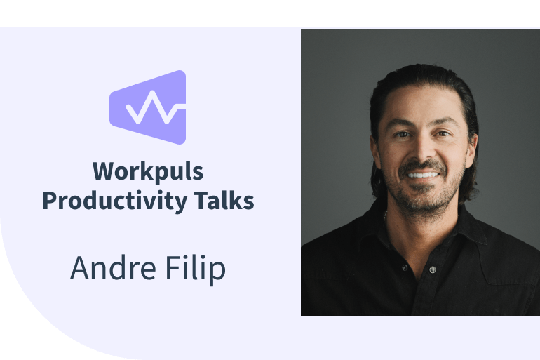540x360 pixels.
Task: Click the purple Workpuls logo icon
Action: (148, 107)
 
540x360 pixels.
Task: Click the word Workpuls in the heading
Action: (148, 172)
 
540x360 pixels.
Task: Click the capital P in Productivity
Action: (50, 201)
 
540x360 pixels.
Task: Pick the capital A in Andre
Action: (80, 269)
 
